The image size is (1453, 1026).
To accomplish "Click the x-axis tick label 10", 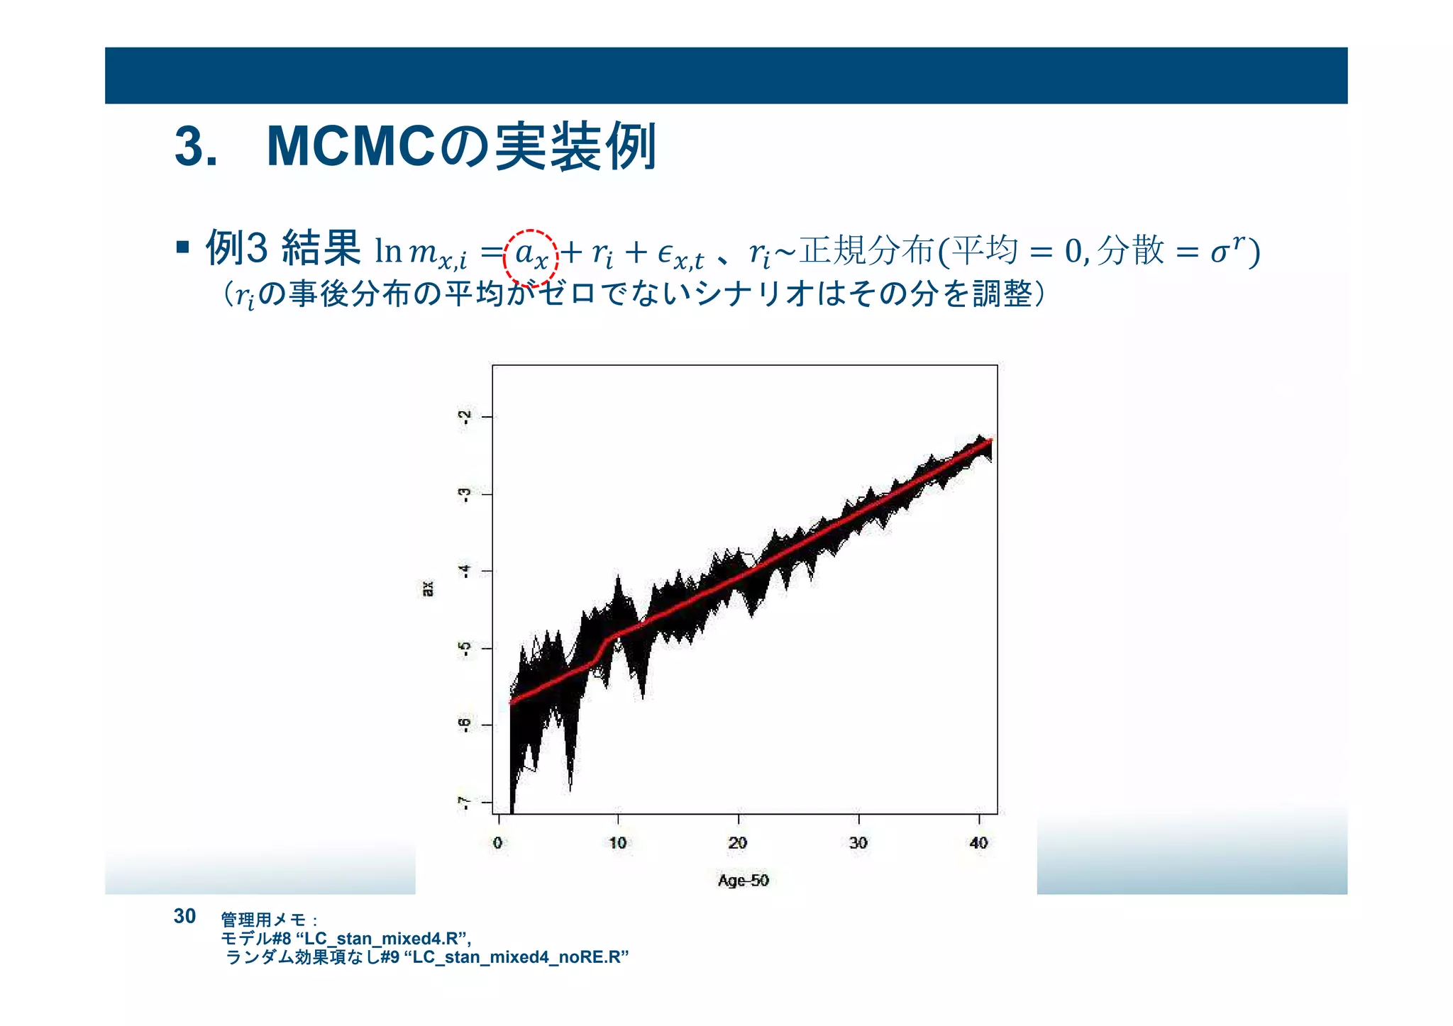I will point(617,842).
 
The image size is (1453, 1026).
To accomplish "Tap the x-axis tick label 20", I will point(737,842).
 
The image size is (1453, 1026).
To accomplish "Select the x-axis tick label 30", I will point(858,842).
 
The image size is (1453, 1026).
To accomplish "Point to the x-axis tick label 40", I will point(978,842).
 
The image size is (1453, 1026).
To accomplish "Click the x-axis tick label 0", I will point(497,842).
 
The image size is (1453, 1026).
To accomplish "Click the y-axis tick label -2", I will point(465,417).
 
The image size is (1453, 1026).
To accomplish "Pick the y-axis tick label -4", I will point(465,571).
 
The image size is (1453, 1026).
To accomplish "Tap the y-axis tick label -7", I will point(465,802).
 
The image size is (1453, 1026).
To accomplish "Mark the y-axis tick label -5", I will point(465,648).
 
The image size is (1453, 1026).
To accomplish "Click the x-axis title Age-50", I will point(743,880).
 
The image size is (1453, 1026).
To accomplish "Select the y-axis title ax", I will point(428,589).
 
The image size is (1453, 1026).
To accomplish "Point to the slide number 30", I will point(184,916).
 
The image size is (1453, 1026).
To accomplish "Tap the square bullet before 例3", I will point(183,247).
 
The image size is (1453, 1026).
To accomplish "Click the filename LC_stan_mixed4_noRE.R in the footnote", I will point(520,957).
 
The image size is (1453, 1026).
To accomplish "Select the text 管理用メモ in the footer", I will point(263,920).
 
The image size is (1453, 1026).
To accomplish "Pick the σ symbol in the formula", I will point(1218,252).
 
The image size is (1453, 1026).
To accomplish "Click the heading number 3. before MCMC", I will point(196,147).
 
